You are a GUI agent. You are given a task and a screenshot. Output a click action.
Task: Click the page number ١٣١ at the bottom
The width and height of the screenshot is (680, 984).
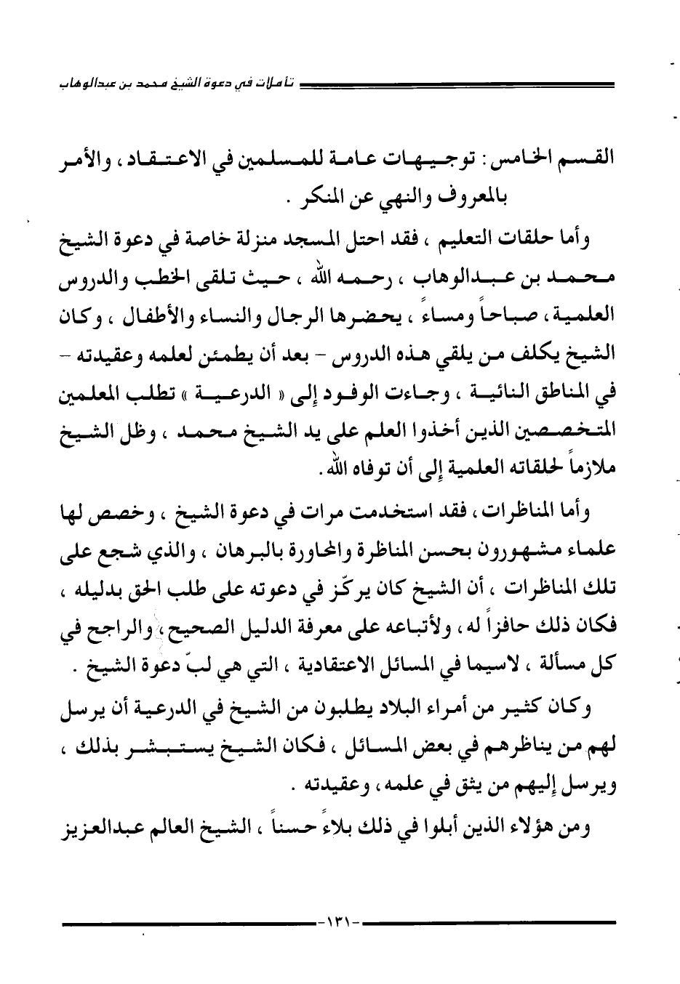(340, 923)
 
